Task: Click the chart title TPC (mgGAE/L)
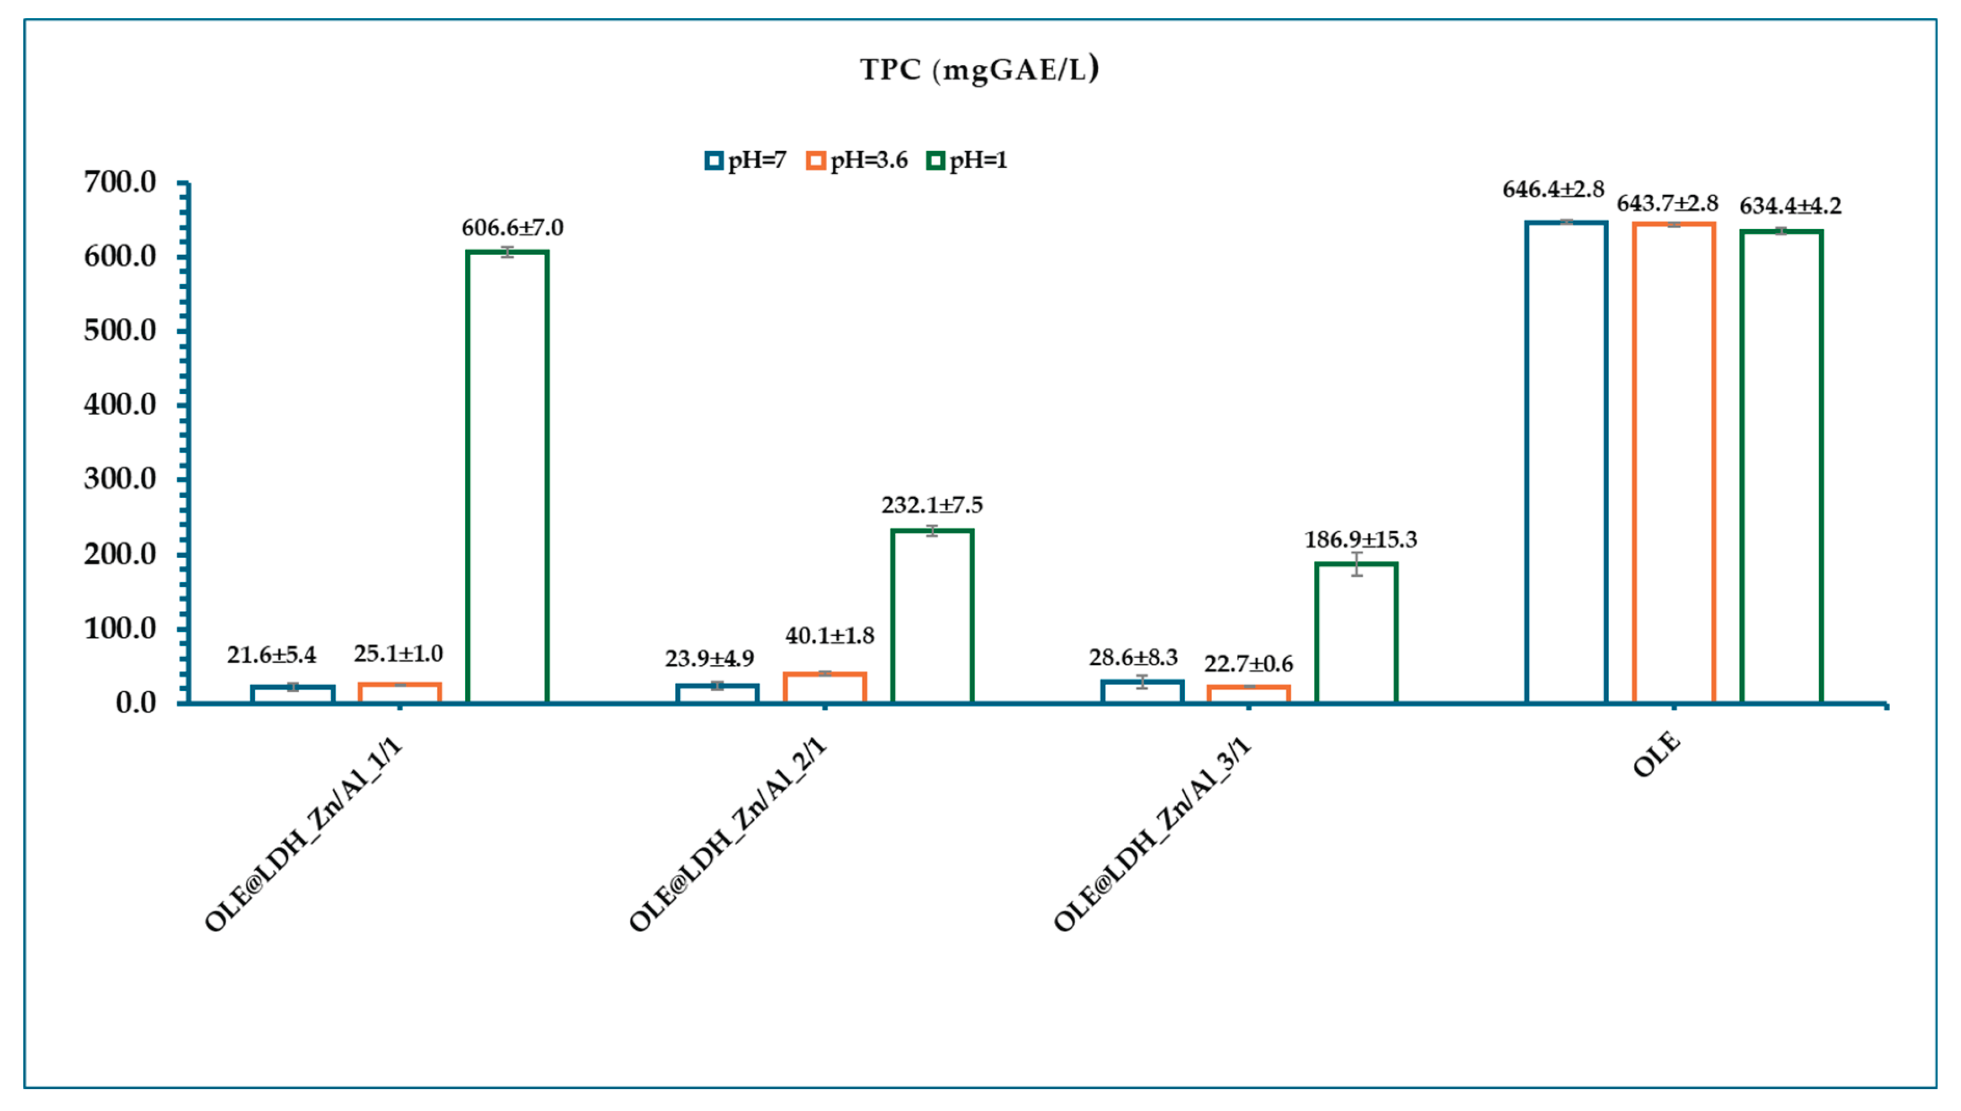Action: pos(979,70)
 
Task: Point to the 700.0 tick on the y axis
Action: pos(120,182)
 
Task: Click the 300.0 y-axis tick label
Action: pos(120,479)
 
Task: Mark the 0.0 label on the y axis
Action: pos(136,703)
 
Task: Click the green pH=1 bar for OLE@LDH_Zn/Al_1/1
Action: pos(508,477)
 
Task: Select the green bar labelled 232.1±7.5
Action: pos(932,616)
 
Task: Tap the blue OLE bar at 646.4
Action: pos(1566,461)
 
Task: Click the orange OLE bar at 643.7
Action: pos(1674,463)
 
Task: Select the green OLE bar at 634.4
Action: pos(1782,466)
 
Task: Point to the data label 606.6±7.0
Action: pos(512,228)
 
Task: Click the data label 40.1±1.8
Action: pos(830,636)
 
